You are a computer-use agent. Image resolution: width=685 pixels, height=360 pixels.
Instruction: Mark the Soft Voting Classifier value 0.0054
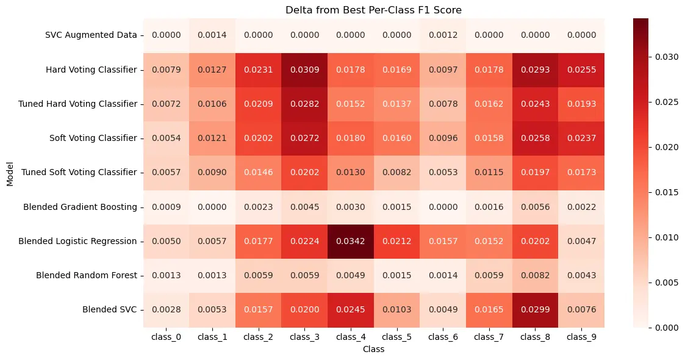tap(160, 138)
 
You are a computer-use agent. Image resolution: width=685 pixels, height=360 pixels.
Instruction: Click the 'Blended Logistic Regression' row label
tap(79, 241)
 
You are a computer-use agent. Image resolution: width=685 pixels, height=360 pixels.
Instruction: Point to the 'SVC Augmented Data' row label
tap(91, 35)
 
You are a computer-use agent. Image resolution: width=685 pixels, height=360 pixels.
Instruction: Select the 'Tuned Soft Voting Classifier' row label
tap(79, 173)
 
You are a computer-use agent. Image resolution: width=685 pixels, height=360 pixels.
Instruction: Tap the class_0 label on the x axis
tap(160, 338)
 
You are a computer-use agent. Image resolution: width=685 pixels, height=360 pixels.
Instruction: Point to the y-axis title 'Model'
tap(9, 173)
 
